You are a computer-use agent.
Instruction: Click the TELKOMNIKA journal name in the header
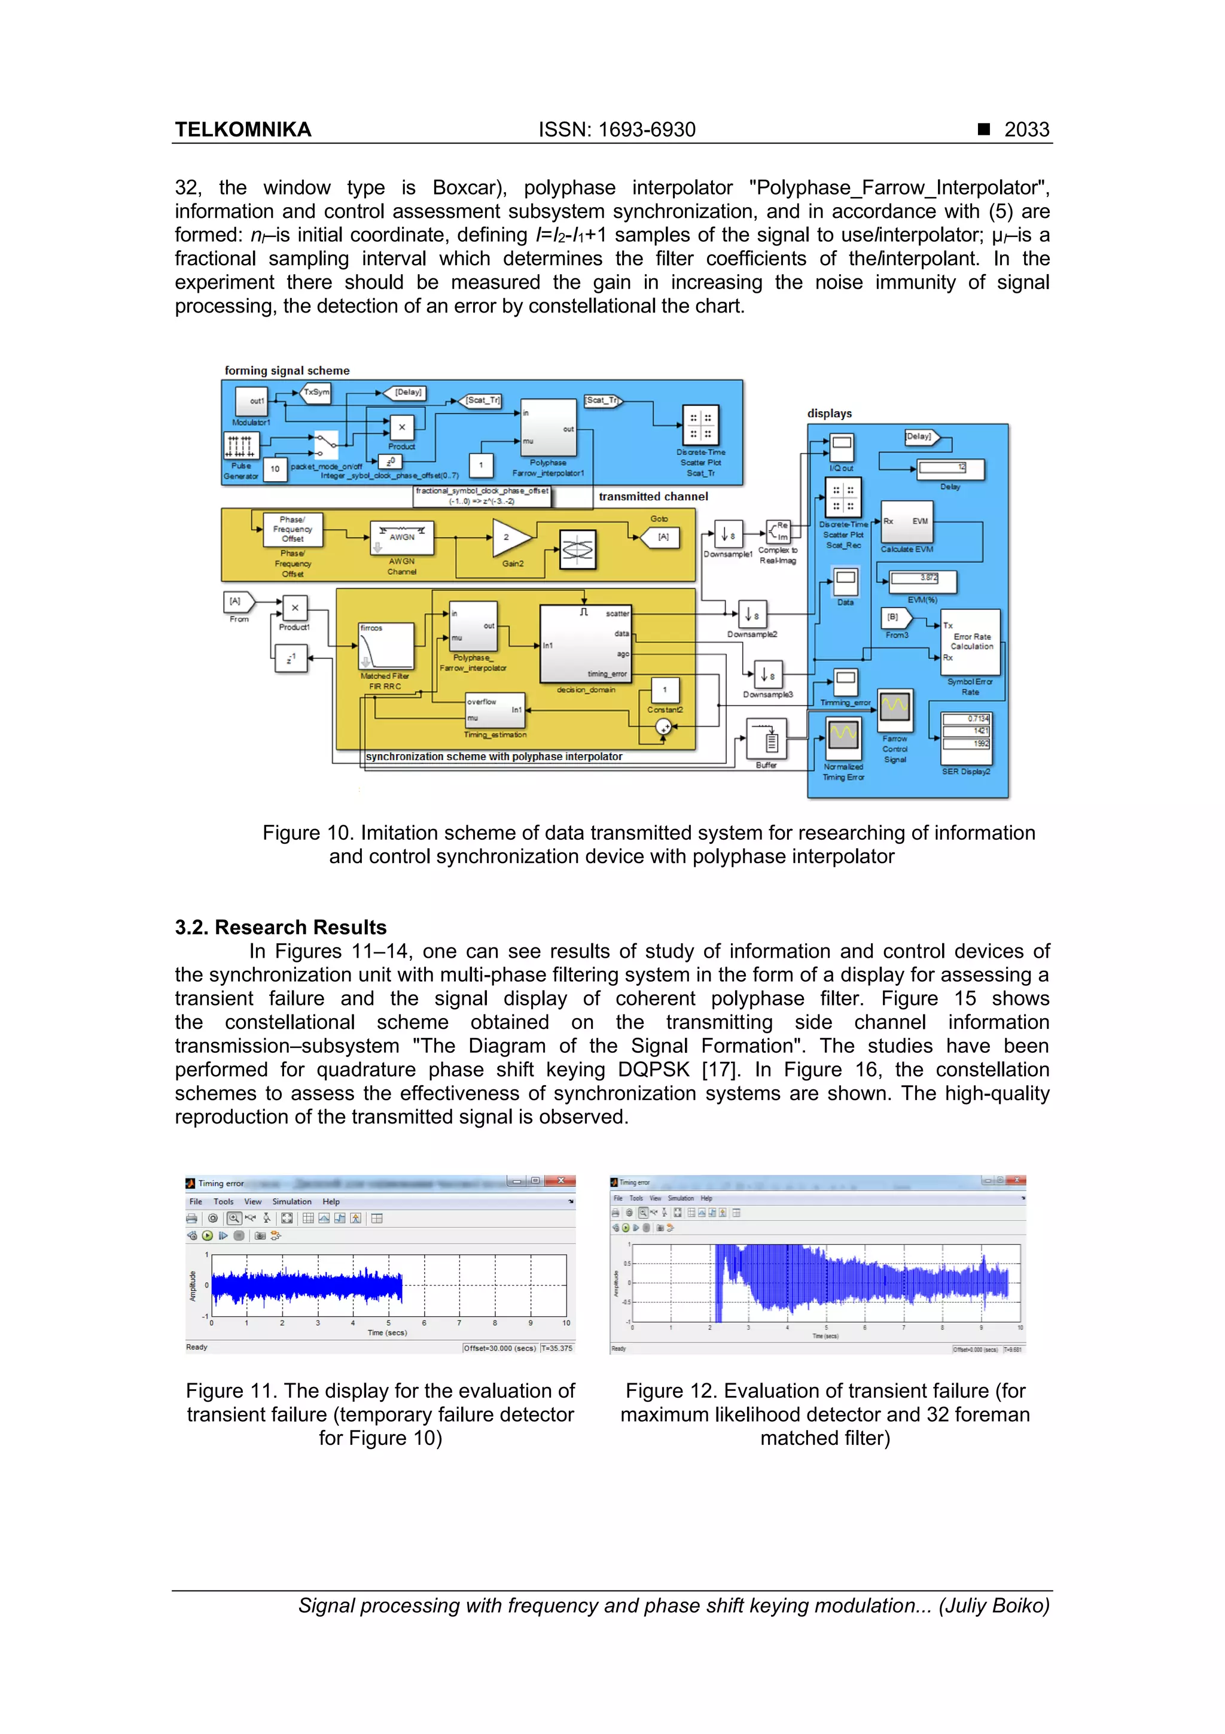243,130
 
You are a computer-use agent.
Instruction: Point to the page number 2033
1026,130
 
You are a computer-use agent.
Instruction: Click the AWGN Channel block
401,537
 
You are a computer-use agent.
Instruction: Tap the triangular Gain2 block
510,537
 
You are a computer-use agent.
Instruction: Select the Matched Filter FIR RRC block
386,646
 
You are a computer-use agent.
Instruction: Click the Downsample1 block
727,535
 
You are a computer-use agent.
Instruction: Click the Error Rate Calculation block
971,642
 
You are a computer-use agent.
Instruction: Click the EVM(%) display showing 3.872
922,580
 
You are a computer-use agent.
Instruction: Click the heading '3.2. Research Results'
281,927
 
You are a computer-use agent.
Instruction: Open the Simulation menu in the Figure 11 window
291,1201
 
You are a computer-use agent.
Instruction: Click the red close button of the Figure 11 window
561,1180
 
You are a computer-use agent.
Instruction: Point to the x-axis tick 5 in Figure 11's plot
389,1323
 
